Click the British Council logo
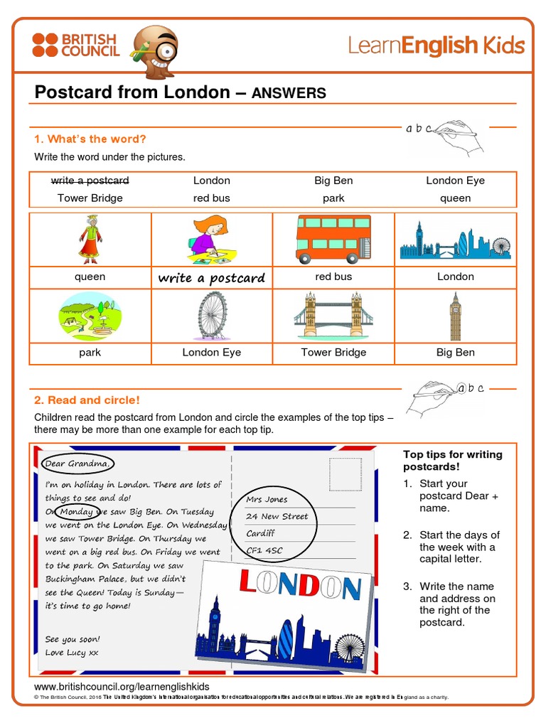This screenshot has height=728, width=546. (x=75, y=45)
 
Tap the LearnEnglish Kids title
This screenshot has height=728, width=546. (x=436, y=46)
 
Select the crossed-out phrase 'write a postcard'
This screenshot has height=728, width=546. (x=90, y=181)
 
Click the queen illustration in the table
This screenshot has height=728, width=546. (x=90, y=240)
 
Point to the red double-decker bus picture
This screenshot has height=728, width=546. (x=333, y=240)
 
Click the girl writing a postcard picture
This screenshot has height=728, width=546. (x=211, y=240)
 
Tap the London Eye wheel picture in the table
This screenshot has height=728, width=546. (x=212, y=316)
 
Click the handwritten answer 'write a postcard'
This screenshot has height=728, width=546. (x=211, y=278)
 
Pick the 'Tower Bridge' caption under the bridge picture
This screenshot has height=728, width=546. (x=333, y=353)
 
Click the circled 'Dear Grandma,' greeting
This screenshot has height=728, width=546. (x=77, y=464)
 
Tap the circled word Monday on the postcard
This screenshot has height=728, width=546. (x=76, y=511)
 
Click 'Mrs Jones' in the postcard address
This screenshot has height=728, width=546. (x=267, y=500)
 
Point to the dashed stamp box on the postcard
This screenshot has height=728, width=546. (x=345, y=474)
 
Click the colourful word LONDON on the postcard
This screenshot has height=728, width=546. (x=300, y=584)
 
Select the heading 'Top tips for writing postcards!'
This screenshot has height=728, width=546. (x=452, y=461)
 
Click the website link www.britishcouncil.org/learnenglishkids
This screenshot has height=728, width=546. (x=122, y=687)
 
